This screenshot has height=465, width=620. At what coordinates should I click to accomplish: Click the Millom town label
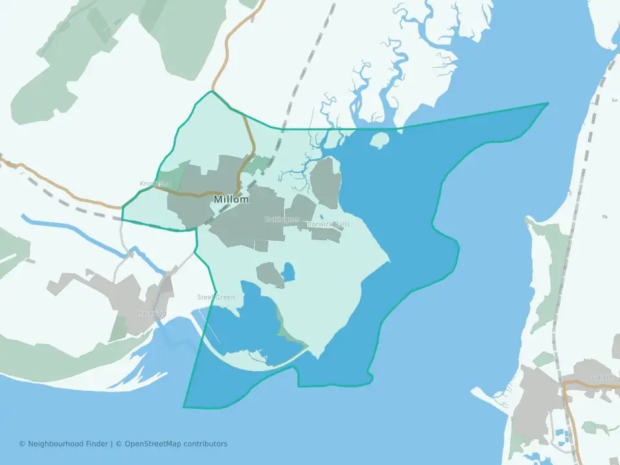pos(231,200)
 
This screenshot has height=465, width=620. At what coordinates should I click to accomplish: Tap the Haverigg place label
pos(151,313)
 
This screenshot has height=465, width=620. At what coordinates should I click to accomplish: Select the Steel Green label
pos(216,297)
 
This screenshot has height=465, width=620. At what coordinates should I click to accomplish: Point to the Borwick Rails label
pos(329,224)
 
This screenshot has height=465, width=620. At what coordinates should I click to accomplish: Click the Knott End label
pos(156,184)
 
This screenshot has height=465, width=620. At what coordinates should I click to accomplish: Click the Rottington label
pos(282,220)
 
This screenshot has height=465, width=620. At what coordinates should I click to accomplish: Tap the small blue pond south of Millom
pos(287,272)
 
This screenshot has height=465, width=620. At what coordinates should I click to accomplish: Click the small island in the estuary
pos(379,139)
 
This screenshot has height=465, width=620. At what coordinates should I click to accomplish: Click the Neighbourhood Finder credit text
pos(64,444)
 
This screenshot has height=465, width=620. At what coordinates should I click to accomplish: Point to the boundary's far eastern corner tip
pos(548,103)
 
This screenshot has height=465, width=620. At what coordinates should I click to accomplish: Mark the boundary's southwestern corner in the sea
pos(184,408)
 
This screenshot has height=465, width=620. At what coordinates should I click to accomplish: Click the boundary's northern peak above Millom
pos(211,92)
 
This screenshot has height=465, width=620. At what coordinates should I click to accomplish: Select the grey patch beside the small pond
pos(270,274)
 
